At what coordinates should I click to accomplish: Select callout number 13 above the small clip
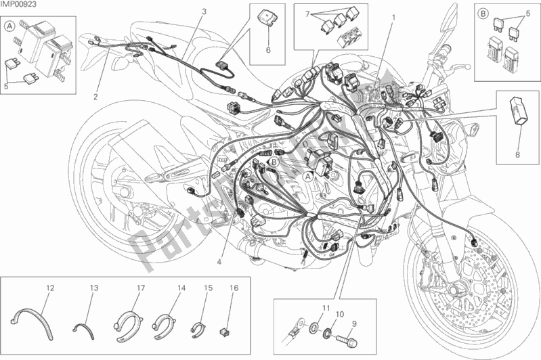tap(93, 288)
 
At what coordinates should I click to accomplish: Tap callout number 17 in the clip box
tap(141, 288)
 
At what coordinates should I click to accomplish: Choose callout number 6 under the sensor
tap(267, 51)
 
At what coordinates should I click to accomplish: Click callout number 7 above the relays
tap(307, 14)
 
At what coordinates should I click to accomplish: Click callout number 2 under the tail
tap(95, 96)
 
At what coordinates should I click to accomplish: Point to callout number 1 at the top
tap(393, 14)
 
